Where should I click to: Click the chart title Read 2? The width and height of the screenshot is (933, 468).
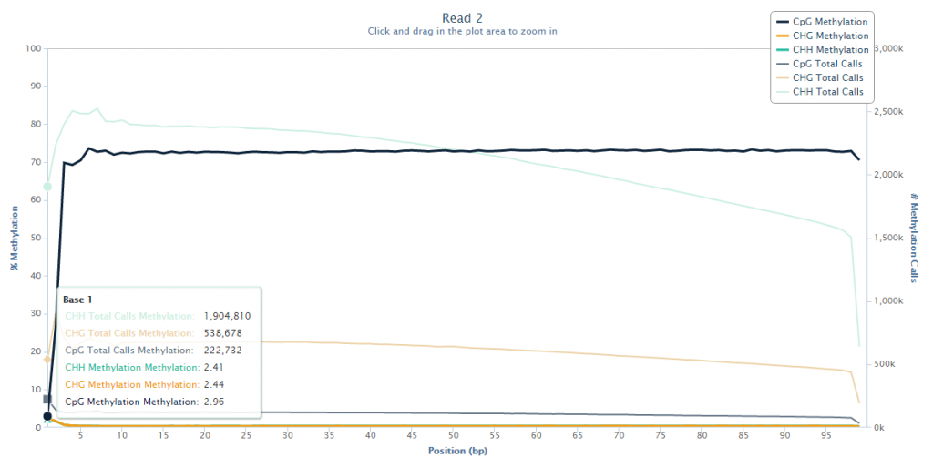point(462,17)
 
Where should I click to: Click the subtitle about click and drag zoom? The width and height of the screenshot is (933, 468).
point(462,31)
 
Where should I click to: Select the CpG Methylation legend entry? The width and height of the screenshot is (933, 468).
point(829,21)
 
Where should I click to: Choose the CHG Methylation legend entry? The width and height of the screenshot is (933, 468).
point(829,36)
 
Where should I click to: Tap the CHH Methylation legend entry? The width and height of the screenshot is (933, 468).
point(829,50)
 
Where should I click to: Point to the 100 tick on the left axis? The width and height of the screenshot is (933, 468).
point(34,48)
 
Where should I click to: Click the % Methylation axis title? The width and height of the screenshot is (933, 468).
point(14,238)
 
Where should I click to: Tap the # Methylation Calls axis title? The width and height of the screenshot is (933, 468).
point(915,238)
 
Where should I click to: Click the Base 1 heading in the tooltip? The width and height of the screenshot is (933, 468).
point(77,300)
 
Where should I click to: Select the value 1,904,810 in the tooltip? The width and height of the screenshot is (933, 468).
point(227,316)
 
